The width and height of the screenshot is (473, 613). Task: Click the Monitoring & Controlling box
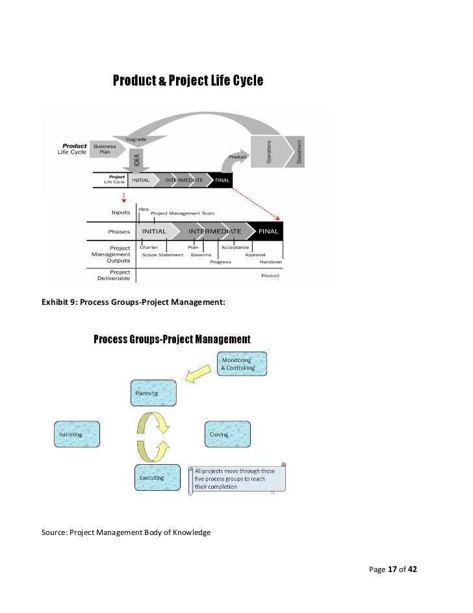point(241,364)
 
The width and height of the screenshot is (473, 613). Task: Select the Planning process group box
point(153,393)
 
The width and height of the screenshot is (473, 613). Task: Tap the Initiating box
point(77,434)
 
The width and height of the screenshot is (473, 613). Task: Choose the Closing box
point(227,434)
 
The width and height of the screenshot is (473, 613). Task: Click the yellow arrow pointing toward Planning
point(197,373)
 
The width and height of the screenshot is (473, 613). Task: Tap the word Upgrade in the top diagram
point(136,139)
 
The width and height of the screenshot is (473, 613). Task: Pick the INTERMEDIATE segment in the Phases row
point(214,231)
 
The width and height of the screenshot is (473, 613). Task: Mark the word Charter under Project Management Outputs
point(149,248)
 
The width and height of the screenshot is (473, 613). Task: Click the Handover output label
point(270,261)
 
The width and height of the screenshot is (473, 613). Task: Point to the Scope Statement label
point(162,255)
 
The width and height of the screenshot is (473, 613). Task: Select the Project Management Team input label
point(183,213)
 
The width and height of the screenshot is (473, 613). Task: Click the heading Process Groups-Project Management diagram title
point(172,339)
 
